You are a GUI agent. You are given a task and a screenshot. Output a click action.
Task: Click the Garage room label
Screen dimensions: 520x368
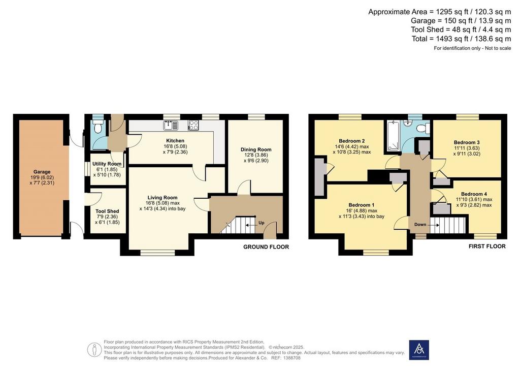tap(42, 172)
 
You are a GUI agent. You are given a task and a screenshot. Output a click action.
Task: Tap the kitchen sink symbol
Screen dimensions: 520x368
tap(171, 126)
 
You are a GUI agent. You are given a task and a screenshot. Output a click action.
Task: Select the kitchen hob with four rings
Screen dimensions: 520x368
tap(193, 125)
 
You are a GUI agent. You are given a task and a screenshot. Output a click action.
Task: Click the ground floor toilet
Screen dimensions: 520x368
tap(98, 127)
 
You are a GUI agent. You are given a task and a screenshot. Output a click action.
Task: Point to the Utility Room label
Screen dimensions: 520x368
tap(107, 164)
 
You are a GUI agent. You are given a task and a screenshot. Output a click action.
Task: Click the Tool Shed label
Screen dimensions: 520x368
tap(107, 211)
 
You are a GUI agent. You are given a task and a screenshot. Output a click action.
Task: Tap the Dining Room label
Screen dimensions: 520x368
tap(256, 149)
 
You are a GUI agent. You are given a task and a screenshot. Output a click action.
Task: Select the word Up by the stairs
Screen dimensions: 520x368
tap(262, 223)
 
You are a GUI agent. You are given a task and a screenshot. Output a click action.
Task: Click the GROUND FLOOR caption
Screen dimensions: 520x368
tap(266, 247)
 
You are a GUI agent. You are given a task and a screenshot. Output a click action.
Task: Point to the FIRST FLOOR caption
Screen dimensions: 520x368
tap(487, 246)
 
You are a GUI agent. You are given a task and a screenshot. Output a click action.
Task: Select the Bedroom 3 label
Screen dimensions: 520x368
tap(467, 142)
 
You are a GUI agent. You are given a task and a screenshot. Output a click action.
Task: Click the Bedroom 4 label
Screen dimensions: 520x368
tap(474, 194)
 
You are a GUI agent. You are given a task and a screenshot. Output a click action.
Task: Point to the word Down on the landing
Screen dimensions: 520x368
tap(420, 224)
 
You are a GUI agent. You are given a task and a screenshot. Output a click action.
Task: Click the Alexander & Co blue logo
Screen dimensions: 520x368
tap(419, 350)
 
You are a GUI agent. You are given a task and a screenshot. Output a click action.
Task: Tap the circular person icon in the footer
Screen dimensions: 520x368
tap(94, 350)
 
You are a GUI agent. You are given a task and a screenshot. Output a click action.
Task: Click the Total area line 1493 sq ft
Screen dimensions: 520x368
tap(461, 39)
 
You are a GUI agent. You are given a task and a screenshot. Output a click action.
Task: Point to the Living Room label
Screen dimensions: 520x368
tap(162, 197)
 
